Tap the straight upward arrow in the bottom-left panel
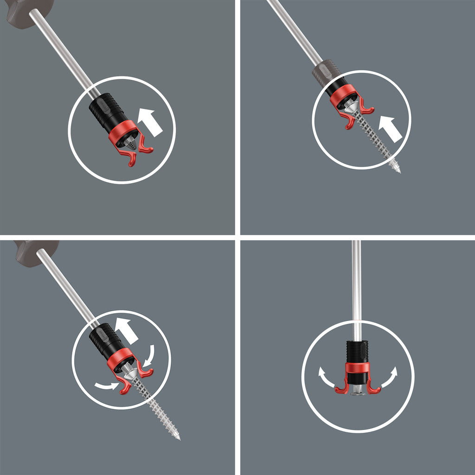(x=126, y=330)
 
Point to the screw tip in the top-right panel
(x=398, y=171)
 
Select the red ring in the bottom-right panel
(x=357, y=368)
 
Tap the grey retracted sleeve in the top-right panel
(x=326, y=73)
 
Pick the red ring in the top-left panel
(x=122, y=132)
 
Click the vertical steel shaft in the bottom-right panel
(x=356, y=288)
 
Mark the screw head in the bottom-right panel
(x=357, y=393)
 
